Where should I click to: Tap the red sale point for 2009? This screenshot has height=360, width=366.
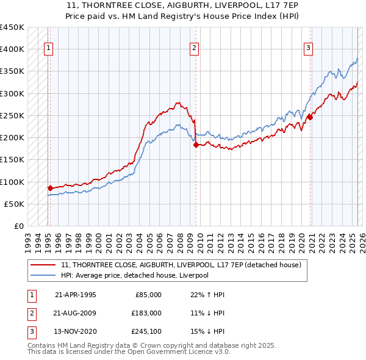pyautogui.click(x=196, y=145)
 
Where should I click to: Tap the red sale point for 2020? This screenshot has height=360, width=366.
pyautogui.click(x=310, y=117)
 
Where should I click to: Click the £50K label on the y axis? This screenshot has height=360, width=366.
pyautogui.click(x=14, y=204)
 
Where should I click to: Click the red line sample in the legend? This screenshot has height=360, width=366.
pyautogui.click(x=43, y=265)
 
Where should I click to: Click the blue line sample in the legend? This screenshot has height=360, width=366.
pyautogui.click(x=43, y=276)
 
